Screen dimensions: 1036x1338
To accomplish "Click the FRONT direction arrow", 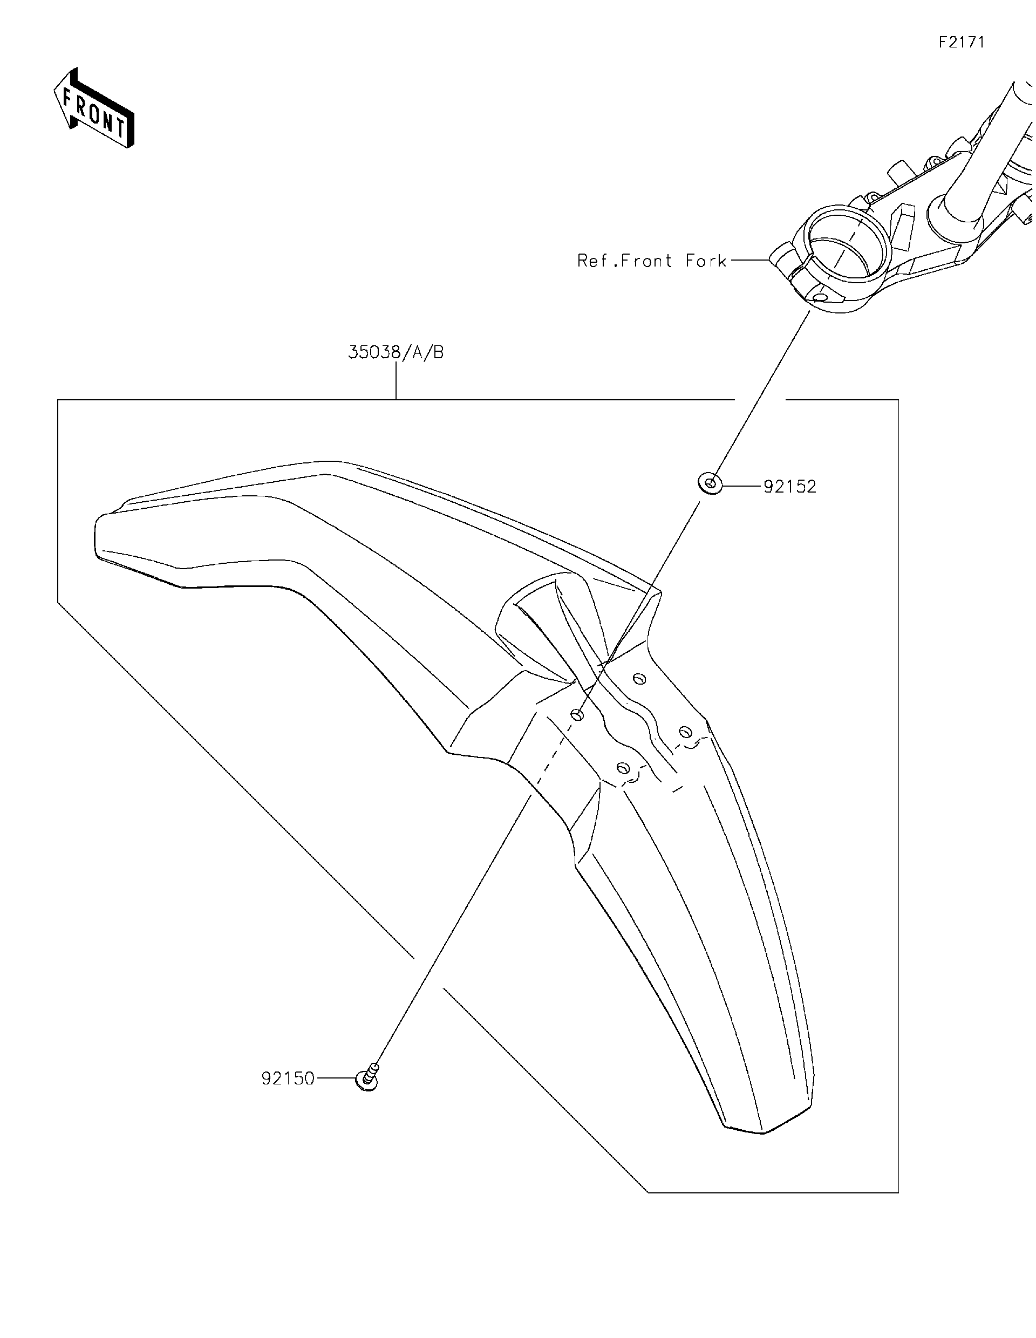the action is click(x=93, y=108).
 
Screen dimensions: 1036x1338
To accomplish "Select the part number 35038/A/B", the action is click(x=396, y=352).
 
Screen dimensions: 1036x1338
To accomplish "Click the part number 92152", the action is click(x=790, y=487).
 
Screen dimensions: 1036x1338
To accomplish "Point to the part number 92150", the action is click(x=288, y=1078).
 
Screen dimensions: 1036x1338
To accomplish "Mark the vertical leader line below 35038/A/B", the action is click(x=397, y=381).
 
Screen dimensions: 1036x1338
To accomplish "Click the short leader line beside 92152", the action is click(x=742, y=487).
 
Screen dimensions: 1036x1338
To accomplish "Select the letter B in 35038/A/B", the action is click(x=438, y=352).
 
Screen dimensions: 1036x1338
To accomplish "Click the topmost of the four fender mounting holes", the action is click(x=639, y=678).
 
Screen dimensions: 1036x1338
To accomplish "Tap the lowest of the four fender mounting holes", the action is click(x=623, y=768).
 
